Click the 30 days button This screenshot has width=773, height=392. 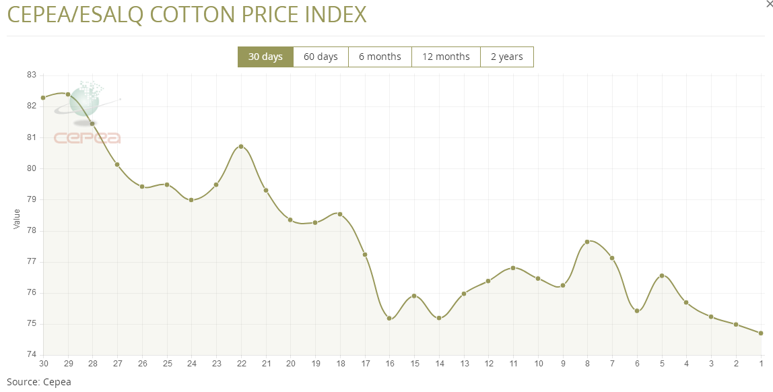(265, 57)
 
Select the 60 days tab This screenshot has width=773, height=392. (321, 57)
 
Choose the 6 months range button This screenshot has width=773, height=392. (380, 57)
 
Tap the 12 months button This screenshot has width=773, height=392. (446, 57)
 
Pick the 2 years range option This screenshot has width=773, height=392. (506, 57)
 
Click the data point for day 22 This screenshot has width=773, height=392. (241, 146)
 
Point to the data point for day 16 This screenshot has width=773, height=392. (389, 319)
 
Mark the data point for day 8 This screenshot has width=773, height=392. (587, 241)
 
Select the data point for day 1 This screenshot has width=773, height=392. (761, 333)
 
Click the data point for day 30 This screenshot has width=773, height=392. (43, 98)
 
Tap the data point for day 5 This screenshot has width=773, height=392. (662, 275)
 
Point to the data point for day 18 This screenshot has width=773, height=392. (340, 214)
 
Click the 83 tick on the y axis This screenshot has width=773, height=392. (31, 75)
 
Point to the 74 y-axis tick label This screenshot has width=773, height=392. (31, 355)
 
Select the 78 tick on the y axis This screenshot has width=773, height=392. (31, 230)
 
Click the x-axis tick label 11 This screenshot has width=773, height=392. (513, 364)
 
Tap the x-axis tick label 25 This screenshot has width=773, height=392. (167, 364)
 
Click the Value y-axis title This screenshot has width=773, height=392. (17, 219)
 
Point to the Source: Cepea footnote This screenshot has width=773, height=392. (38, 382)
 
